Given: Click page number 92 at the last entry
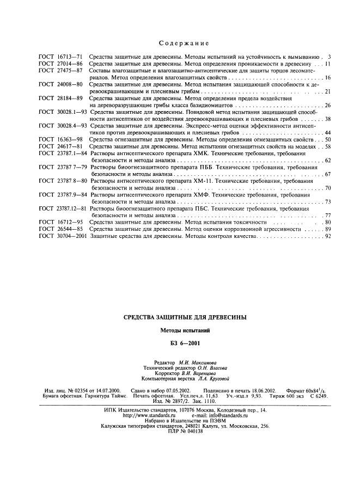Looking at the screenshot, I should (x=328, y=237).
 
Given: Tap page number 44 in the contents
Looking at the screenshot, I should (x=328, y=133).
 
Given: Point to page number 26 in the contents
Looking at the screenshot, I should (x=328, y=105).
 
